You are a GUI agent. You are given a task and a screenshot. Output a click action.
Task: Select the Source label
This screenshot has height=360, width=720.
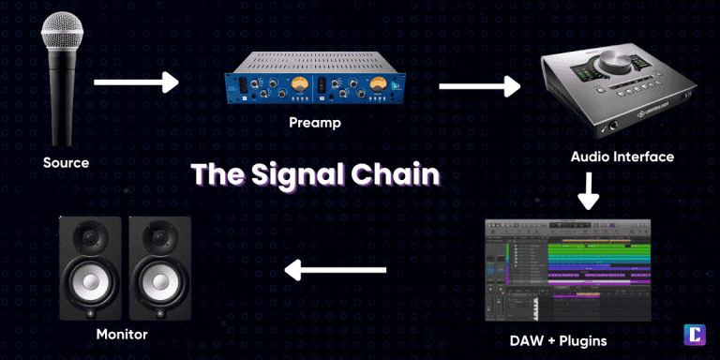(66, 162)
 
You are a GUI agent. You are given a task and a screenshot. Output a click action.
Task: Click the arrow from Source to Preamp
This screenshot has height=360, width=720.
(136, 83)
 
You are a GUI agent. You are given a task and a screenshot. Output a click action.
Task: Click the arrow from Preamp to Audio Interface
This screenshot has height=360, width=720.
(479, 87)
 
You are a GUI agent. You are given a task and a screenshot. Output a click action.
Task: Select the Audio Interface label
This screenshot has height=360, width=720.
(622, 157)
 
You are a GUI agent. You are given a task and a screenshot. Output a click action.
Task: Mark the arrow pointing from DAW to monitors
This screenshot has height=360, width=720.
(336, 272)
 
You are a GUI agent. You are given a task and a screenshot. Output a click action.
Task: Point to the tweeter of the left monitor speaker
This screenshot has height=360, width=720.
(91, 239)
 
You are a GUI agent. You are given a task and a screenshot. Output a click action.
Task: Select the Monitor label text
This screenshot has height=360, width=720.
(122, 333)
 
